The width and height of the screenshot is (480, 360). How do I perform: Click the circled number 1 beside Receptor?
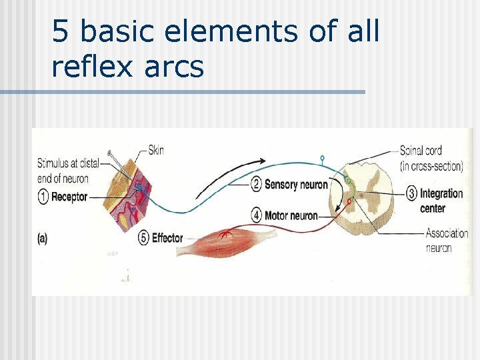pyautogui.click(x=43, y=197)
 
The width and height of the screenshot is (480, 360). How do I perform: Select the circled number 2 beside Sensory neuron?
pyautogui.click(x=256, y=184)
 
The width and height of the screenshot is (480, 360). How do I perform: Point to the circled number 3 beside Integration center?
pyautogui.click(x=411, y=193)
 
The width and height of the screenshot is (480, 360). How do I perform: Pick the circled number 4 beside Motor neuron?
pyautogui.click(x=256, y=216)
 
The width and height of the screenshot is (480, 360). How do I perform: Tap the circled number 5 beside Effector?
pyautogui.click(x=143, y=237)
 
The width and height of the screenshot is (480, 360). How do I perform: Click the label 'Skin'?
pyautogui.click(x=155, y=150)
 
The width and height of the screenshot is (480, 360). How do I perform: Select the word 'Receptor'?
pyautogui.click(x=69, y=197)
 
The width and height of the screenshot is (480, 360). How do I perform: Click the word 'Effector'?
pyautogui.click(x=167, y=237)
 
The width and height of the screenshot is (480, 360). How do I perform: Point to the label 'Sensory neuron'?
pyautogui.click(x=296, y=184)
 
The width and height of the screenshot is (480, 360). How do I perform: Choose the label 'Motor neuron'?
pyautogui.click(x=291, y=216)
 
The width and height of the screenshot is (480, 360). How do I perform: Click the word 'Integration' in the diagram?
pyautogui.click(x=441, y=193)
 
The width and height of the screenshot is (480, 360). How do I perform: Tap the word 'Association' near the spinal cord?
pyautogui.click(x=447, y=234)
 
